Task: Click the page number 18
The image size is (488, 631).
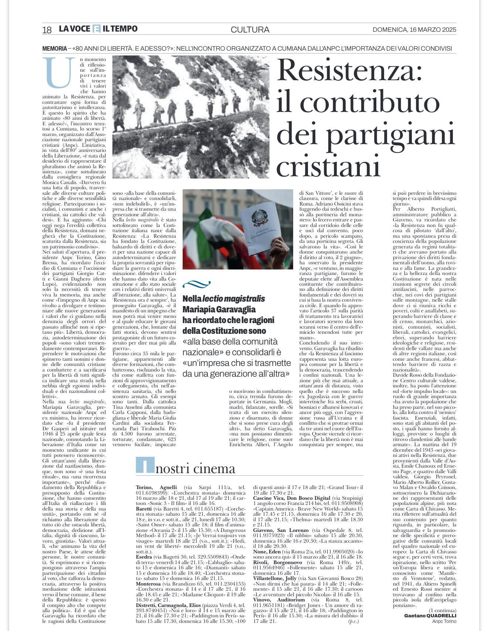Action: (47, 30)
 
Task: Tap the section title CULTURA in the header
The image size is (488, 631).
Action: (250, 30)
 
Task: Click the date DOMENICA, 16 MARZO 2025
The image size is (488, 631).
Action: (414, 30)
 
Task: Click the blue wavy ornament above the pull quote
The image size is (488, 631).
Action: (196, 284)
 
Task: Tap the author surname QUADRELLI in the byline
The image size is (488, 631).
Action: (441, 615)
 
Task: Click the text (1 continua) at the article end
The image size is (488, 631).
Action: (442, 610)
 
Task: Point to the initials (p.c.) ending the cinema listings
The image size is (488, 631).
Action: (353, 621)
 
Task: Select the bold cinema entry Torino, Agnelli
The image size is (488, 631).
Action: (156, 487)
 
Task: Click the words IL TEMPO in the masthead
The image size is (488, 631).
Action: (120, 29)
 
